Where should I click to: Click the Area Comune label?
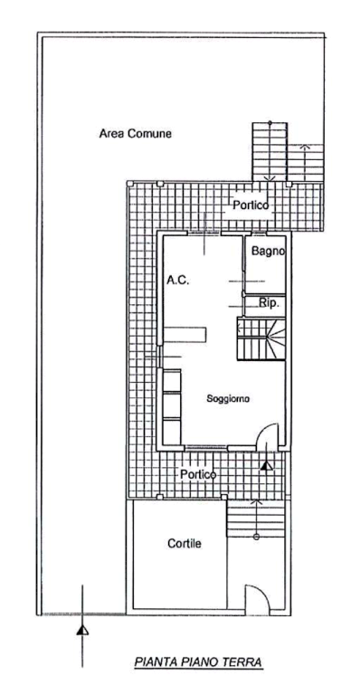click(135, 133)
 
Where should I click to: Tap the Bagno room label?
click(269, 251)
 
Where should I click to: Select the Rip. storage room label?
click(269, 304)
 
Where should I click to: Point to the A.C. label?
click(178, 281)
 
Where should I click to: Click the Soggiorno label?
click(229, 398)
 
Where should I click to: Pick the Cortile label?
click(185, 543)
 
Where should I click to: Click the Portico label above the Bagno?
click(251, 205)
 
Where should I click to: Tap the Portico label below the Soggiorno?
click(198, 474)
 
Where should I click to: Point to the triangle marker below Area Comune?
click(82, 630)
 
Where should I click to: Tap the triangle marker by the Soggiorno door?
click(266, 465)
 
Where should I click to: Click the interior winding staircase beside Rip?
click(261, 338)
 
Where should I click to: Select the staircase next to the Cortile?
click(255, 518)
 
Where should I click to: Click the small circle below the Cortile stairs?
click(256, 537)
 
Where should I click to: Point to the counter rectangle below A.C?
click(185, 334)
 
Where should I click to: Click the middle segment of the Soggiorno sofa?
click(172, 405)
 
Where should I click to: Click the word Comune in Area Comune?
click(149, 133)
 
